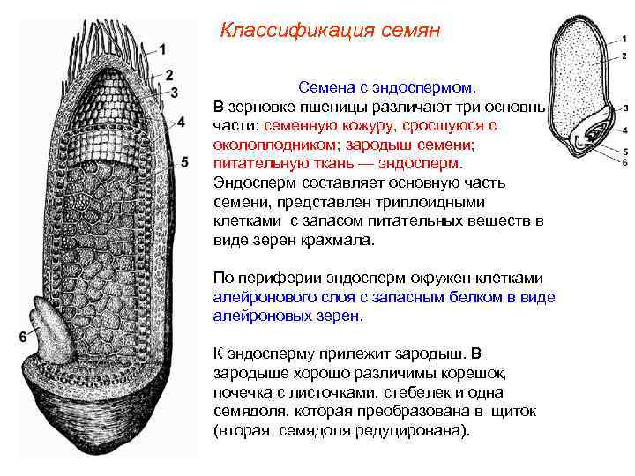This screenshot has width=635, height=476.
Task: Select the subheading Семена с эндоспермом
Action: pyautogui.click(x=386, y=88)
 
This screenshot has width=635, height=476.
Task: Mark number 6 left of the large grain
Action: pyautogui.click(x=22, y=336)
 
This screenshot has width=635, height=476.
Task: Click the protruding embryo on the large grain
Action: pyautogui.click(x=52, y=325)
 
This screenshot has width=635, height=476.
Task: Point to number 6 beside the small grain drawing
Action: pyautogui.click(x=624, y=162)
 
